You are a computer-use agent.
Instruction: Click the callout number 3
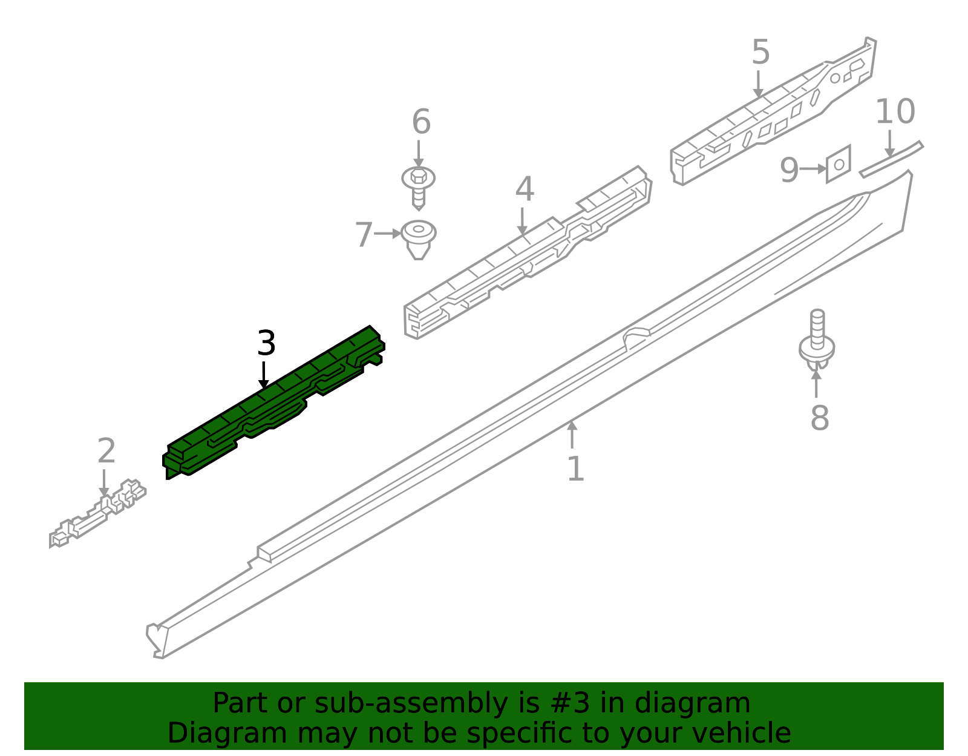pyautogui.click(x=266, y=343)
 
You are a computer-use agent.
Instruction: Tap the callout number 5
pyautogui.click(x=760, y=51)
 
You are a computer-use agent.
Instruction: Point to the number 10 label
pyautogui.click(x=895, y=111)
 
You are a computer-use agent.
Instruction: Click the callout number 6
pyautogui.click(x=421, y=121)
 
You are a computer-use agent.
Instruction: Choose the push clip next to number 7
pyautogui.click(x=418, y=240)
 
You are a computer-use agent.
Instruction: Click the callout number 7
pyautogui.click(x=364, y=234)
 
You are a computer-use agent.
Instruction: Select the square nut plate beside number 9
pyautogui.click(x=839, y=164)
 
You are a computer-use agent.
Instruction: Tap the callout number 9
pyautogui.click(x=789, y=169)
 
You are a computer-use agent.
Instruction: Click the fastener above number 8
pyautogui.click(x=817, y=340)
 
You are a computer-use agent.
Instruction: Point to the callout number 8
pyautogui.click(x=820, y=418)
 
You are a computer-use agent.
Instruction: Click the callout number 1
pyautogui.click(x=575, y=468)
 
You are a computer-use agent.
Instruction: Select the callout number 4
pyautogui.click(x=525, y=188)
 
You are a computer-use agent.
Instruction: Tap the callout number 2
pyautogui.click(x=106, y=450)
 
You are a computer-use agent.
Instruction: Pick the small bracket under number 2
pyautogui.click(x=97, y=513)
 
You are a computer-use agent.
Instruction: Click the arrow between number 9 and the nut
pyautogui.click(x=813, y=169)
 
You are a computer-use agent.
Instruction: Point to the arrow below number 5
pyautogui.click(x=758, y=84)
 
